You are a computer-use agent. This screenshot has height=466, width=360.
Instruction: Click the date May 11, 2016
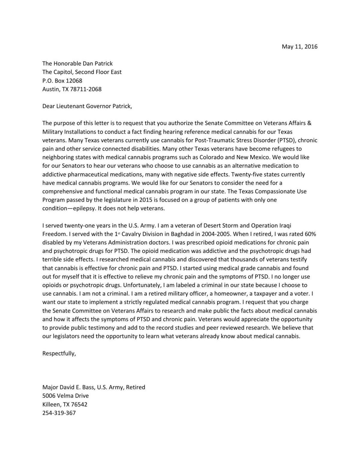[299, 46]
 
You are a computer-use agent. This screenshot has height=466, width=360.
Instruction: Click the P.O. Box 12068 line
[62, 81]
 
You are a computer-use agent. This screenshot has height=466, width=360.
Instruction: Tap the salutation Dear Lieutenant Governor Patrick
[87, 106]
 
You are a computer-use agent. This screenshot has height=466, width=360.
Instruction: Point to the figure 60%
[310, 234]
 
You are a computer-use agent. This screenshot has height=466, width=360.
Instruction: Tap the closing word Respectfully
[59, 353]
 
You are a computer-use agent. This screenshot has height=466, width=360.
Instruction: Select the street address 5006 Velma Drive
[65, 396]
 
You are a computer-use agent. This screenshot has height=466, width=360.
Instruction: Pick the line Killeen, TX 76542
[65, 404]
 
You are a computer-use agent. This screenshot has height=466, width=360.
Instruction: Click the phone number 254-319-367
[59, 413]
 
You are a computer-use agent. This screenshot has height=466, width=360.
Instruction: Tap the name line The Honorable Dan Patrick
[77, 64]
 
